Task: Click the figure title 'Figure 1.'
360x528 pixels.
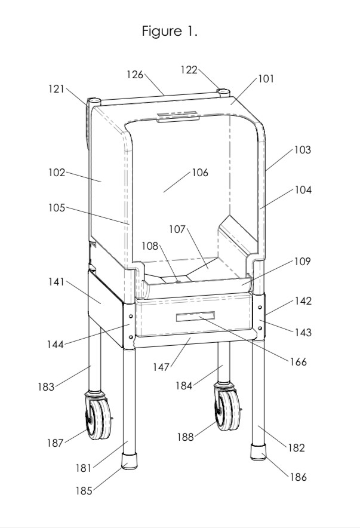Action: pos(169,32)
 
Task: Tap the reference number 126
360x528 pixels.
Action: pos(135,75)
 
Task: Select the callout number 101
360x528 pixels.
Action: pos(266,78)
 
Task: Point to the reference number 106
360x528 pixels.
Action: pos(199,173)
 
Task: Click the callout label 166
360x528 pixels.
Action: pos(297,361)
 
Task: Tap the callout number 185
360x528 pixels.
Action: pos(84,490)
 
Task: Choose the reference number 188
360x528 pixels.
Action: pos(185,437)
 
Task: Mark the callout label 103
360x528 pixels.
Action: pos(302,150)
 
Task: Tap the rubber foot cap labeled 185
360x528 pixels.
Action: pos(129,462)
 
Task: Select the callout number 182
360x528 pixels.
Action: pos(297,447)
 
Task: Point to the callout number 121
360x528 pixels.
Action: pos(57,88)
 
